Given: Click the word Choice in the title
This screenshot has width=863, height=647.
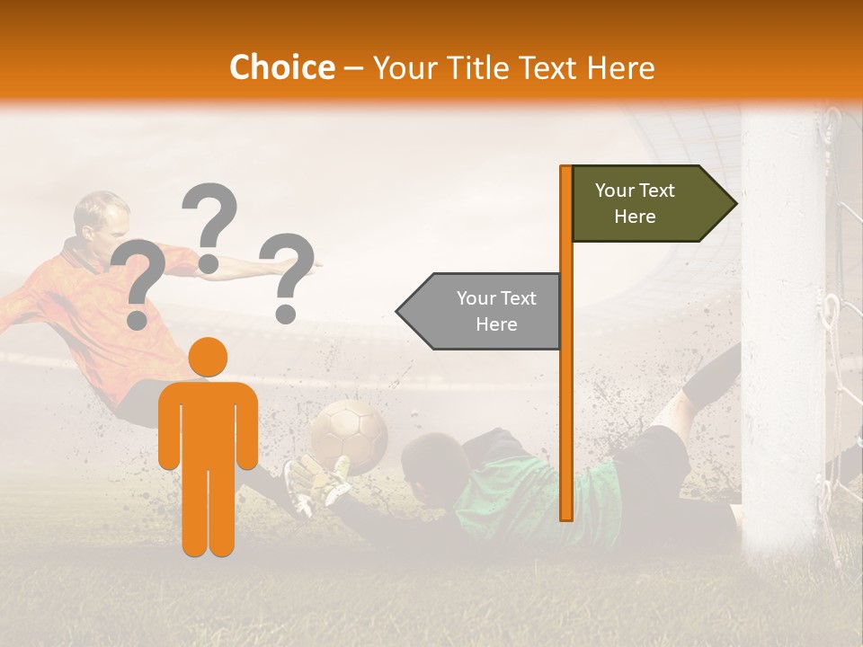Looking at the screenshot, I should coord(281,67).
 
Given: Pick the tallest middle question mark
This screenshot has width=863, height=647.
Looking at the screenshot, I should coord(209,225).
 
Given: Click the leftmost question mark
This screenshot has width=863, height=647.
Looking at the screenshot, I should coord(138,283).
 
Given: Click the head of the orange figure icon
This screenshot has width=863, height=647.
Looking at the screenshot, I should coord(209,357).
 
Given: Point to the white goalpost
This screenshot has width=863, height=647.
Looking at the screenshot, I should coord(782,341).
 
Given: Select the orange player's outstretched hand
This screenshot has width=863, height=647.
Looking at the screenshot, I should coord(310,263).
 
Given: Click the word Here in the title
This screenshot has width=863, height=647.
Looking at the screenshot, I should coord(620,67).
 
